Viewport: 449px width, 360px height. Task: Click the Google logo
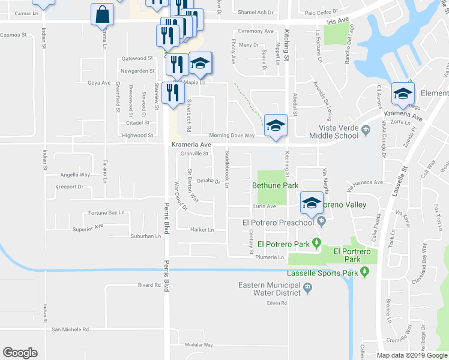(x=20, y=353)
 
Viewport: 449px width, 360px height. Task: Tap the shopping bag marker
(x=103, y=14)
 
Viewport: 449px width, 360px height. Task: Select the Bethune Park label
(x=275, y=186)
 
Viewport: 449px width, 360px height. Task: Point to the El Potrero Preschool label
(x=278, y=223)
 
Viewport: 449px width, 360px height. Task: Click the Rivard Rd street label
(x=148, y=285)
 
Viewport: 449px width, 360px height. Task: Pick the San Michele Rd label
(x=70, y=329)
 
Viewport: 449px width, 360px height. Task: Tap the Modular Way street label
(x=199, y=345)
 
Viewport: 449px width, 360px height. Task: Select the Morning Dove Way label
(x=232, y=136)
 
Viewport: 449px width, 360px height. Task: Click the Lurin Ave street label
(x=264, y=206)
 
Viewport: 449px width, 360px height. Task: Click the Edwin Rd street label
(x=274, y=303)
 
